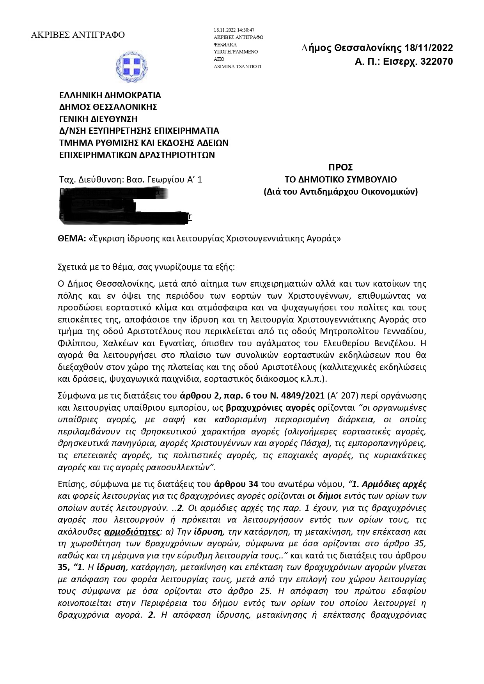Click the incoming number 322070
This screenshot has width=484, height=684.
pyautogui.click(x=436, y=62)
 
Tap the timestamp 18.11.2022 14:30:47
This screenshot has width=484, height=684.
pyautogui.click(x=234, y=30)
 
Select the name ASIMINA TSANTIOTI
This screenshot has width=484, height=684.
pyautogui.click(x=238, y=67)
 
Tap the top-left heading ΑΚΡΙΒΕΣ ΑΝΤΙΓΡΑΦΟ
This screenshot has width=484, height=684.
pyautogui.click(x=78, y=35)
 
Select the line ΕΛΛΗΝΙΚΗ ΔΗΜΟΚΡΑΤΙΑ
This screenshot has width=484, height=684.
pyautogui.click(x=110, y=95)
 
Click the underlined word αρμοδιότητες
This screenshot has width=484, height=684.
pyautogui.click(x=133, y=532)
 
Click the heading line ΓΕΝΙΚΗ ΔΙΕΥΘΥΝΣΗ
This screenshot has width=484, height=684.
pyautogui.click(x=98, y=119)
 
